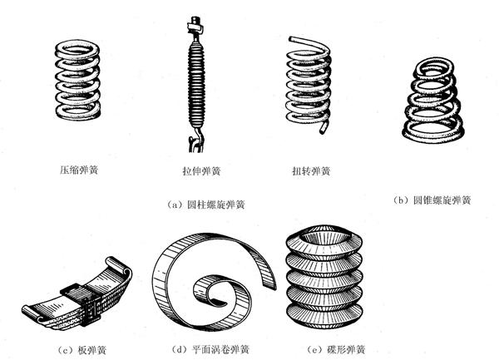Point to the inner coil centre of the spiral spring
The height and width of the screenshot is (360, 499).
click(x=218, y=289)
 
